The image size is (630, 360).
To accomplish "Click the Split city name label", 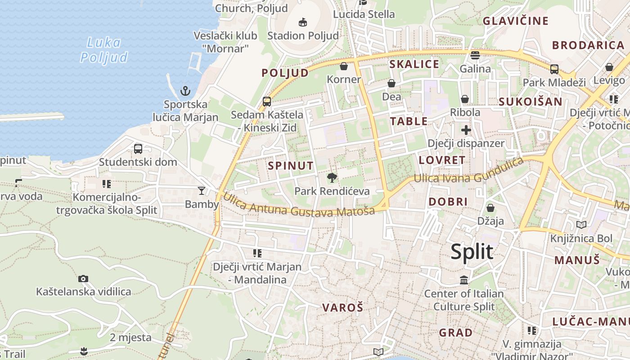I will pos(472,252).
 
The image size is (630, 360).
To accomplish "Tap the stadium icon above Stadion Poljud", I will pos(303,22).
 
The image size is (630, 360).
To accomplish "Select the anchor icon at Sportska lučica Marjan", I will pos(185,91).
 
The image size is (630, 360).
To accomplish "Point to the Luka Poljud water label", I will pos(104,50).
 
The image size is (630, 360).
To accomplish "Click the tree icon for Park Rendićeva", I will pos(332,178).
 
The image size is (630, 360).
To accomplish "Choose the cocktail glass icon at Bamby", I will pos(202,191).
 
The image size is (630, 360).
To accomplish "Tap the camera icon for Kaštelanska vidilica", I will pos(83,279).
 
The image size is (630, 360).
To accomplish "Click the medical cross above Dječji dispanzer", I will pos(466,130).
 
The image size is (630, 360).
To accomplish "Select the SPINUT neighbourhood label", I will pos(291,166).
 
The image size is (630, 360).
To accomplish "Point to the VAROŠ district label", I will pos(343,308).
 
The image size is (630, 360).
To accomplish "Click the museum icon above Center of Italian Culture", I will pos(464,280).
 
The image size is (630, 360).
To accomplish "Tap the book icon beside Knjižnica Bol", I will pos(581,225).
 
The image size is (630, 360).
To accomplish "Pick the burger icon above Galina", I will pos(475,55).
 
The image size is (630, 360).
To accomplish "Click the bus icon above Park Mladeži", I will pos(554,69).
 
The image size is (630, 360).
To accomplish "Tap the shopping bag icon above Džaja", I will pos(490,208).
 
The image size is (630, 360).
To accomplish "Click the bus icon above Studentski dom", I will pos(138,148).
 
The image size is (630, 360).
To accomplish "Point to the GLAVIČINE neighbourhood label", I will pos(516,21).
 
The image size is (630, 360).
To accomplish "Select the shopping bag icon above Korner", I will pos(344,66).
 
